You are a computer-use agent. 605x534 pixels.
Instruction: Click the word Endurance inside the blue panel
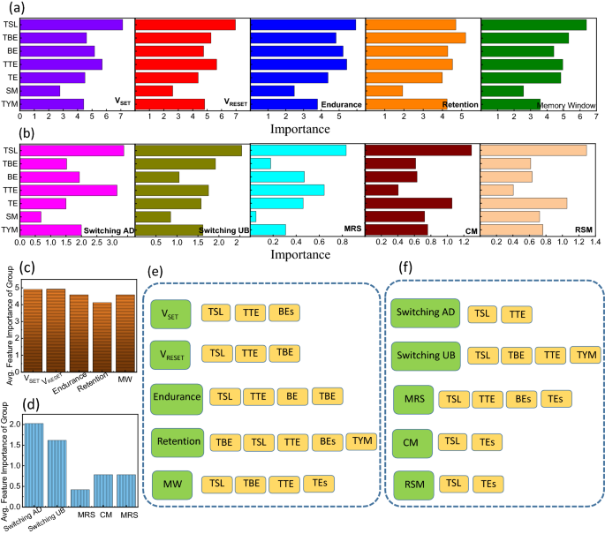(342, 104)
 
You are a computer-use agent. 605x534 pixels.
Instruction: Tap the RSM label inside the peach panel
(583, 230)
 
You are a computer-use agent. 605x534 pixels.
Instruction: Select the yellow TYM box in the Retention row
(361, 440)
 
